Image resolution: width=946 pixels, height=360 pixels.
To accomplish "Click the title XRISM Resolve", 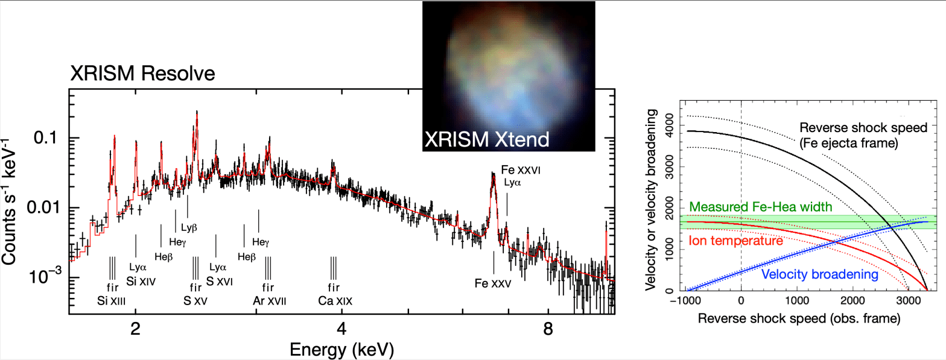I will tap(142, 75).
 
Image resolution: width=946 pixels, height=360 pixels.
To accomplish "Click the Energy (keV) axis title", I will tap(342, 349).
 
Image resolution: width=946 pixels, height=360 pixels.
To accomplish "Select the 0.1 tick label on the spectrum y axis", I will tap(50, 138).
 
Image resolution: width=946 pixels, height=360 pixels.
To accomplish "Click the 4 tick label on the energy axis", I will tap(342, 330).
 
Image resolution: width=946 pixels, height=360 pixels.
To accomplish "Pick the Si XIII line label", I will tap(112, 300).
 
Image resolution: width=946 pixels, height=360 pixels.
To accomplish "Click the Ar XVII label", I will tap(268, 300).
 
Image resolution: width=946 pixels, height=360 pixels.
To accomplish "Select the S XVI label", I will tap(218, 281).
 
